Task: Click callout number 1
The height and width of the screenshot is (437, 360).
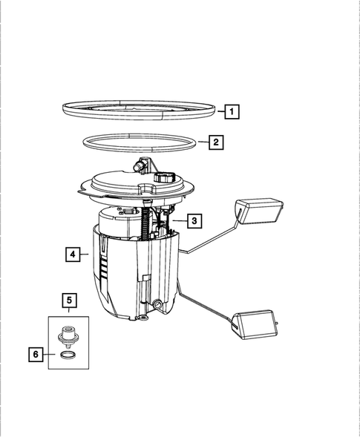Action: pyautogui.click(x=232, y=112)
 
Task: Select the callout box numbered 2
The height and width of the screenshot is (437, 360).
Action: pyautogui.click(x=215, y=142)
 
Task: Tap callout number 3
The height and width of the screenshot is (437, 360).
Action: pyautogui.click(x=194, y=220)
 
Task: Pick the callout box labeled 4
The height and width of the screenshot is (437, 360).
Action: pyautogui.click(x=72, y=254)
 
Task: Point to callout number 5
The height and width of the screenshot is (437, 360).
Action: pyautogui.click(x=68, y=300)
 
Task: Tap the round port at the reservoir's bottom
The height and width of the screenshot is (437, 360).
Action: pyautogui.click(x=158, y=305)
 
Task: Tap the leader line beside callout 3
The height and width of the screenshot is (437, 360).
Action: pyautogui.click(x=178, y=220)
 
